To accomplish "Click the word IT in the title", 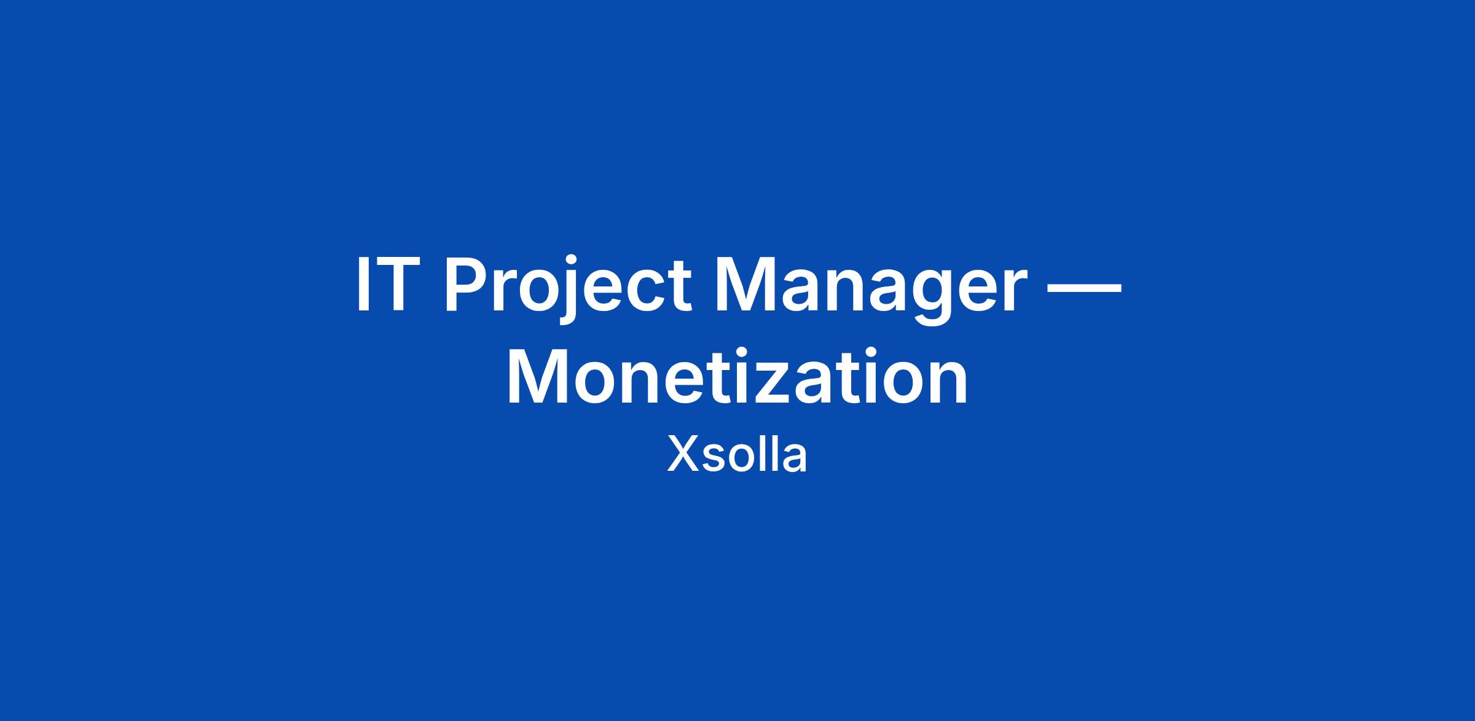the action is (x=384, y=285).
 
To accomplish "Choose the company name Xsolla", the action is (x=737, y=455).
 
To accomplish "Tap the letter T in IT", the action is (x=391, y=285).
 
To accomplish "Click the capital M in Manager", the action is (x=763, y=285).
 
